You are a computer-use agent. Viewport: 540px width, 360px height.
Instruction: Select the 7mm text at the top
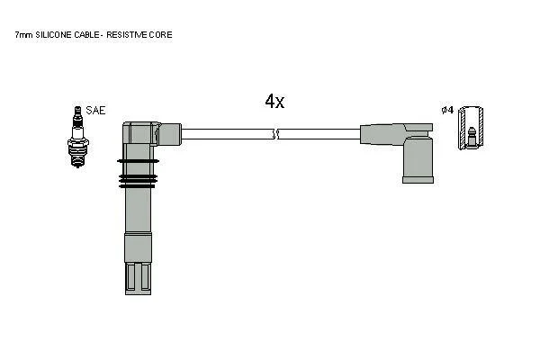[23, 35]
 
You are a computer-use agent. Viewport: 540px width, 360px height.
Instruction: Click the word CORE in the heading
[160, 35]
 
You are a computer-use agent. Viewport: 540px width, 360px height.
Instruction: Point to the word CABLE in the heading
[85, 35]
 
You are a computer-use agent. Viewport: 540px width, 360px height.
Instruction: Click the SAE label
[95, 110]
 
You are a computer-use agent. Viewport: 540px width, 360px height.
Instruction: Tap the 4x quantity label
[274, 101]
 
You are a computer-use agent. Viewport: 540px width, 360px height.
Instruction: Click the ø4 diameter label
[447, 110]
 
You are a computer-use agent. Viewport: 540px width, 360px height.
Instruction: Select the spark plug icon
[78, 137]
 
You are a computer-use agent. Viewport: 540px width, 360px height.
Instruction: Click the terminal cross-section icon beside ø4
[471, 128]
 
